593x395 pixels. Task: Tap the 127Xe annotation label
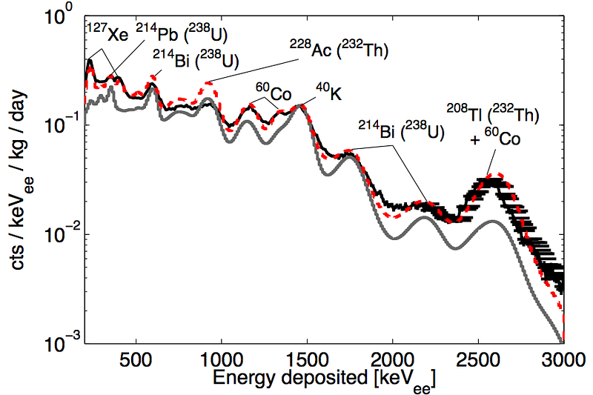tap(107, 34)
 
